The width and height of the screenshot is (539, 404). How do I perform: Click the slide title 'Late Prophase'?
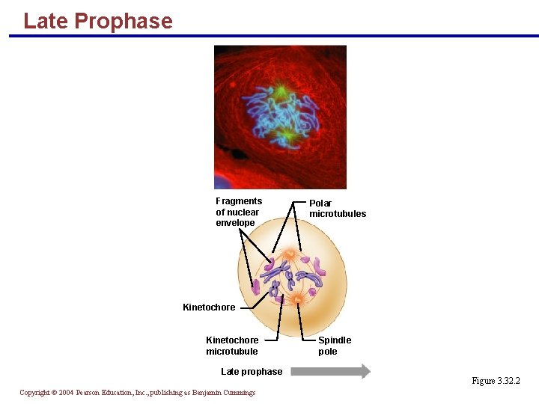click(x=97, y=21)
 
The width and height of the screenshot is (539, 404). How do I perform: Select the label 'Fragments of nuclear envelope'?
click(x=239, y=212)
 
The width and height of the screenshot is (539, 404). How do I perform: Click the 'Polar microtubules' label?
click(x=338, y=209)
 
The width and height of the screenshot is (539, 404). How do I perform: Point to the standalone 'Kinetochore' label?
click(x=209, y=307)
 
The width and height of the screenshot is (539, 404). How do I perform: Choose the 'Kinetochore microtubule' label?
click(x=232, y=346)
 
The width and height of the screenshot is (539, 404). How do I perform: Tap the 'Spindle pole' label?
click(x=334, y=346)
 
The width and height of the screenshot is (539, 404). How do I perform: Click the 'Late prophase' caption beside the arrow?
click(x=252, y=372)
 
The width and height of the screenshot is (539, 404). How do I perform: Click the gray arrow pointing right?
click(x=330, y=371)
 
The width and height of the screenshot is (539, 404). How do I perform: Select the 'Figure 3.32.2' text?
click(x=496, y=382)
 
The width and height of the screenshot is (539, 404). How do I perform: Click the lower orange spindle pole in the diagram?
click(x=297, y=299)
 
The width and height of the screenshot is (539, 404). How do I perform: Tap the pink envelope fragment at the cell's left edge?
click(x=256, y=287)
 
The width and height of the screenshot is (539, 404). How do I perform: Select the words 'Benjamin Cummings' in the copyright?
click(x=223, y=393)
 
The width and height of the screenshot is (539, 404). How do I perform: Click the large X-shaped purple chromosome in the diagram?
click(x=281, y=269)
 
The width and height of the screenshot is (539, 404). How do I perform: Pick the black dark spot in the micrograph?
click(x=238, y=155)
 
